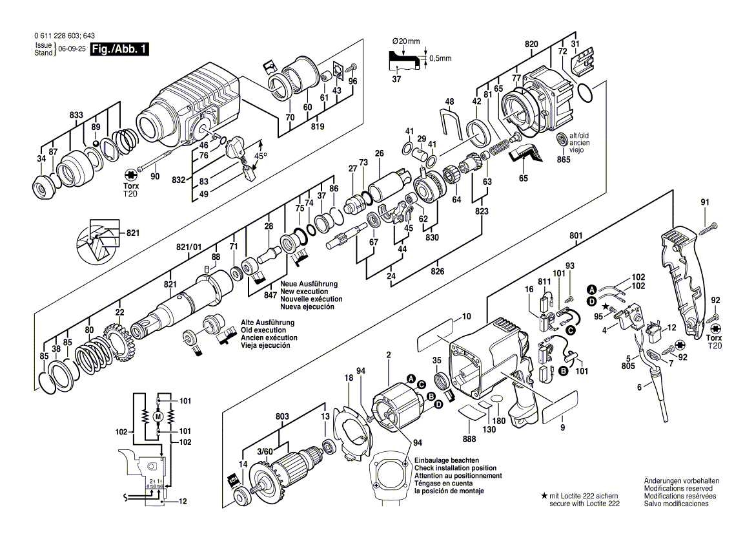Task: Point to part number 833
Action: pyautogui.click(x=76, y=115)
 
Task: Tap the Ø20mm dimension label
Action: pyautogui.click(x=406, y=41)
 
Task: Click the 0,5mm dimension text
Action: pyautogui.click(x=440, y=58)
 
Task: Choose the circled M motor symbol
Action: pyautogui.click(x=157, y=416)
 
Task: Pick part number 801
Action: pyautogui.click(x=576, y=236)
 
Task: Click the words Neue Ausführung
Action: pyautogui.click(x=309, y=284)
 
